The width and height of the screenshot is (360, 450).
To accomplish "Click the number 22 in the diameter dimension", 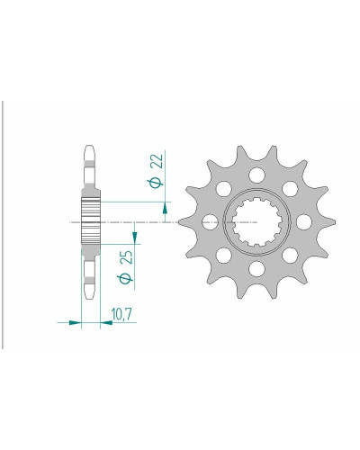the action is pyautogui.click(x=158, y=161).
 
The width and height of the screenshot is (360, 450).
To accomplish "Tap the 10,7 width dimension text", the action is pyautogui.click(x=121, y=314).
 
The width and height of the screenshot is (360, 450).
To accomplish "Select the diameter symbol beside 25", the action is pyautogui.click(x=126, y=279).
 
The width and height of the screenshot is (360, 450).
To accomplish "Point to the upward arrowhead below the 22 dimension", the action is pyautogui.click(x=165, y=208).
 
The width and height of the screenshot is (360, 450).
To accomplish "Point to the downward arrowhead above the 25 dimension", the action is pyautogui.click(x=134, y=238).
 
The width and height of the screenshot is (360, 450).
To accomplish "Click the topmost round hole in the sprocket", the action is pyautogui.click(x=257, y=175).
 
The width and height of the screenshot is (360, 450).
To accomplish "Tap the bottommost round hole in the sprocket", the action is pyautogui.click(x=257, y=269).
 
